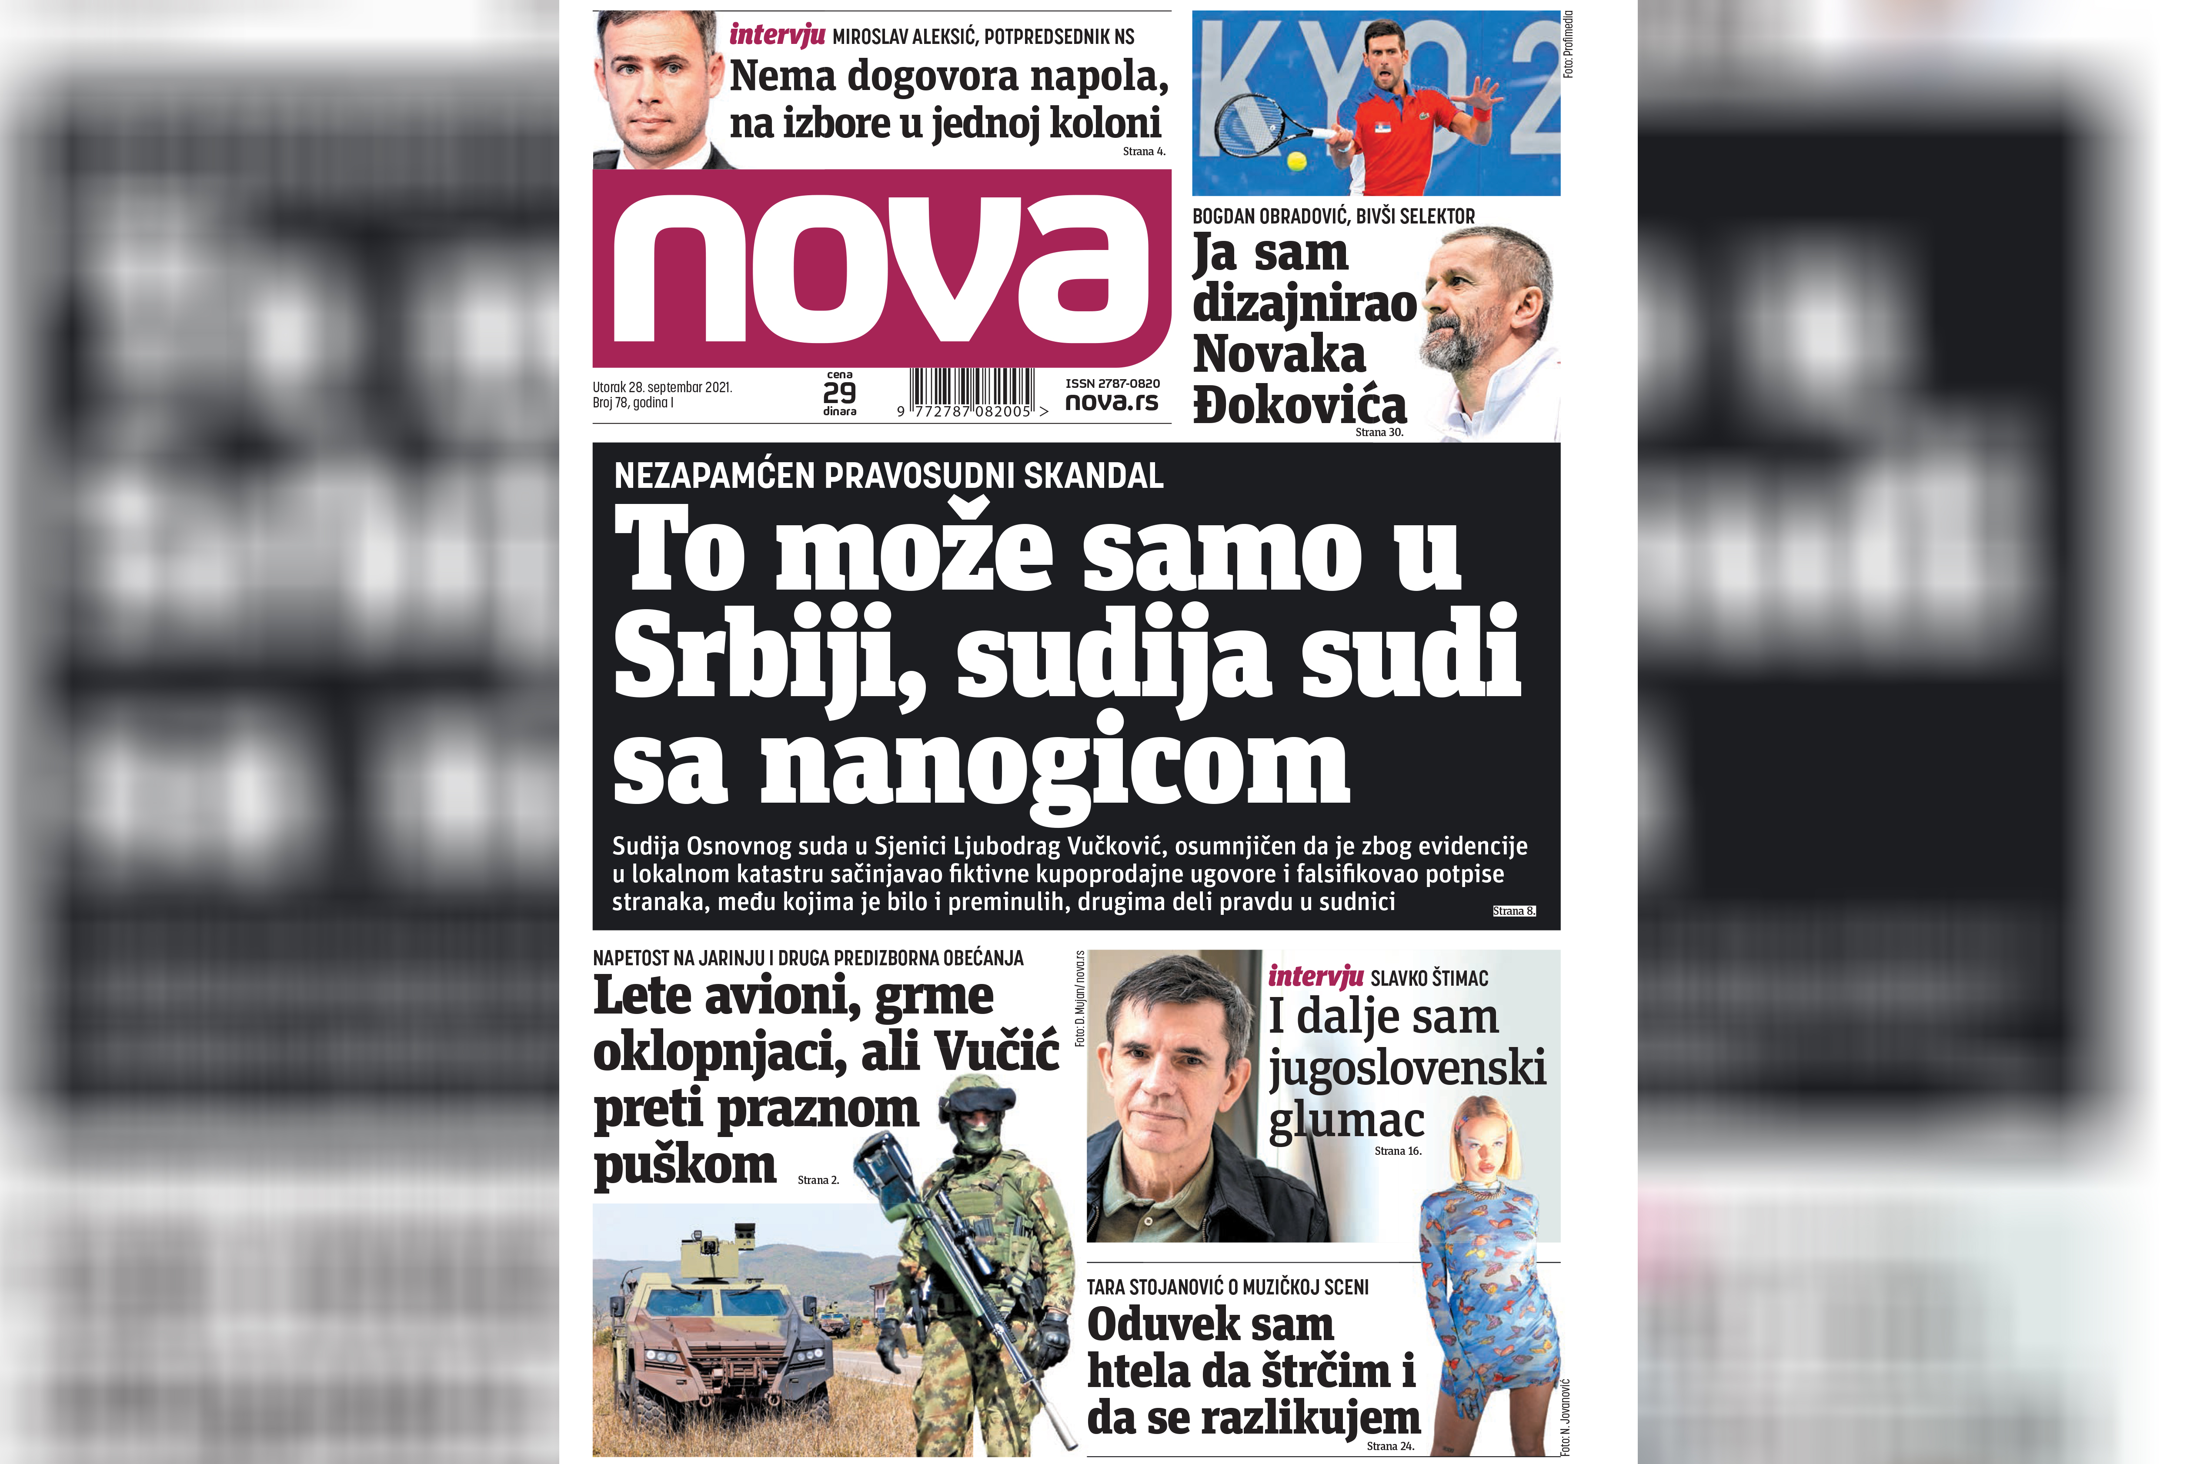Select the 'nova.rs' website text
pyautogui.click(x=1111, y=402)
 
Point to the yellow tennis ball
pyautogui.click(x=1296, y=160)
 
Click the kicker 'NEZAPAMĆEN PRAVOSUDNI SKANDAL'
pyautogui.click(x=888, y=476)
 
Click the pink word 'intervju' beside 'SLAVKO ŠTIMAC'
pyautogui.click(x=1315, y=977)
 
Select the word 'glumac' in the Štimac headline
pyautogui.click(x=1346, y=1121)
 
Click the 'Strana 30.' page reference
pyautogui.click(x=1379, y=432)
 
